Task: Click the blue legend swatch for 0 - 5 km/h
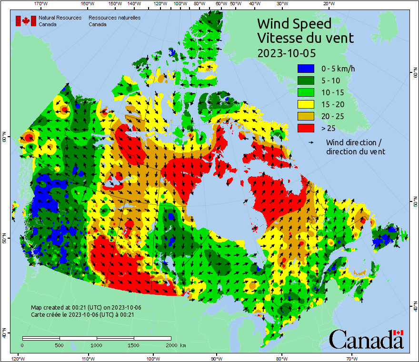coord(306,69)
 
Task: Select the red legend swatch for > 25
coord(306,128)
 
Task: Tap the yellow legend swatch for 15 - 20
coord(306,104)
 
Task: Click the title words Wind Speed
coord(294,23)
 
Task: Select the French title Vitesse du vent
coord(305,38)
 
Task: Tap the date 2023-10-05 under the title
coord(286,52)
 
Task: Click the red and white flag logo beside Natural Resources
coord(26,21)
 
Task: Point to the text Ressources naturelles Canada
coord(114,21)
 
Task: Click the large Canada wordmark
coord(366,340)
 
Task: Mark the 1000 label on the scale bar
coord(97,345)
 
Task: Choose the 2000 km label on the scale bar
coord(175,345)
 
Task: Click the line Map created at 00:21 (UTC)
coord(86,308)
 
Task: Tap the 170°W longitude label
coord(42,4)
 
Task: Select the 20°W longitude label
coord(328,4)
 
